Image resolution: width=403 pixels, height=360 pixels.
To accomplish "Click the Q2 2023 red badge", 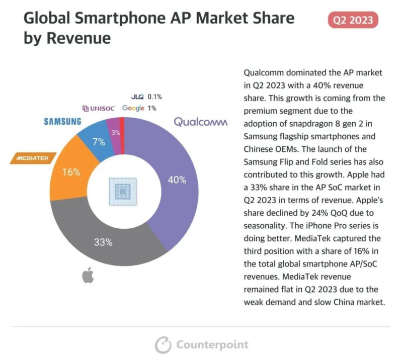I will [x=353, y=20].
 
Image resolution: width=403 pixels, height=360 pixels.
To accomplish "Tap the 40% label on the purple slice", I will [x=177, y=179].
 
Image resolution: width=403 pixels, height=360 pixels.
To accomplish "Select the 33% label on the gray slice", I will [x=103, y=242].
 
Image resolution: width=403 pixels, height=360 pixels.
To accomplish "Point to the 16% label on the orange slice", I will [x=71, y=172].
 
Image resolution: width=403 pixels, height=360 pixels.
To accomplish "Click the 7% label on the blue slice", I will [x=99, y=142].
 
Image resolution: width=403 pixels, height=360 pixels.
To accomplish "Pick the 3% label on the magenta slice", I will [x=115, y=133].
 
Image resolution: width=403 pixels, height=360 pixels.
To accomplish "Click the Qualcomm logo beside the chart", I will [x=201, y=122].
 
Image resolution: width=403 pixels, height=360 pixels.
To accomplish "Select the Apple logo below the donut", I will [x=88, y=276].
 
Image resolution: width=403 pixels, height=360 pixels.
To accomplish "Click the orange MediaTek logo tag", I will [x=33, y=158].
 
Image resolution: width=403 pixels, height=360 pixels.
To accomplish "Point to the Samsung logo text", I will [x=62, y=121].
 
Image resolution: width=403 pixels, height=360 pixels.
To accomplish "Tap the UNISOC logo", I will [x=99, y=108].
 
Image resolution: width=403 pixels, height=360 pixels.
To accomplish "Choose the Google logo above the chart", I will [x=133, y=108].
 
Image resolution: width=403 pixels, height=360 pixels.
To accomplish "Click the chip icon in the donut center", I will [x=123, y=192].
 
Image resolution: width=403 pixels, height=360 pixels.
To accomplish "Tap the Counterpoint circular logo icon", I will [x=163, y=345].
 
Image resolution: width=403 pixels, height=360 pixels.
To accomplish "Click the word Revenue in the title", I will [x=76, y=39].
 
